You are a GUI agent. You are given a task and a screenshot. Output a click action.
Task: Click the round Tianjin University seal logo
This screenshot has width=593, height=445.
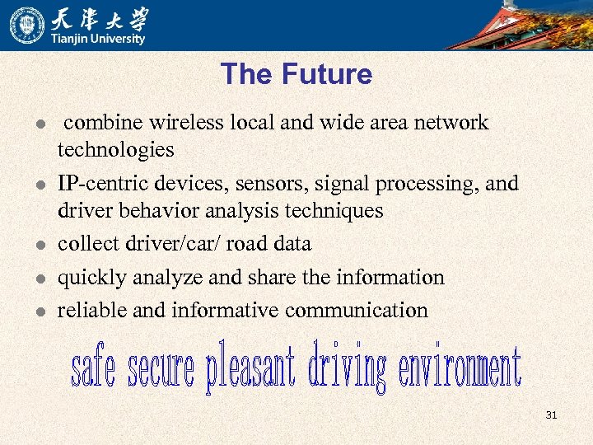coord(27,25)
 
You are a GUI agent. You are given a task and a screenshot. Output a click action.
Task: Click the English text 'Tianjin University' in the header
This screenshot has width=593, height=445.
coord(98,39)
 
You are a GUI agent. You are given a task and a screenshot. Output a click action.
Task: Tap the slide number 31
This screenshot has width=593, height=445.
coord(551,415)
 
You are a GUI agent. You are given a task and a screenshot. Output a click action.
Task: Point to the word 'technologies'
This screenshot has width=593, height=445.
coord(115,150)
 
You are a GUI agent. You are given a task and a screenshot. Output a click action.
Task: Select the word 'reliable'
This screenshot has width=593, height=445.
coord(89,311)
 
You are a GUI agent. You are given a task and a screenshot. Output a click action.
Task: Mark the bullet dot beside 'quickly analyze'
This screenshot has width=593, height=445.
coord(39,279)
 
